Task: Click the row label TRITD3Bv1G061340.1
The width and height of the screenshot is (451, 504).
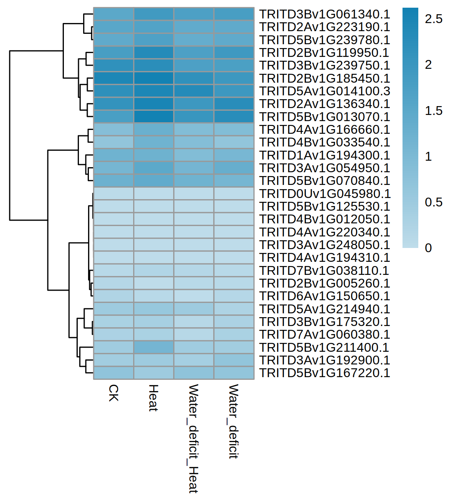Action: click(324, 14)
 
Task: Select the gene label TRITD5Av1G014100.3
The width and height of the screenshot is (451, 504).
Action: click(324, 91)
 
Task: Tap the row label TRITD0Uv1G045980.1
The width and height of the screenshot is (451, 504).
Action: click(324, 194)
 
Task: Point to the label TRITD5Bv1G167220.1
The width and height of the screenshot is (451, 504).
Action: click(324, 373)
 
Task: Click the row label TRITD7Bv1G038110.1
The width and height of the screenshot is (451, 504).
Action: click(324, 271)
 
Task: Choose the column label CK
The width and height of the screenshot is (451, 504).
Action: click(114, 393)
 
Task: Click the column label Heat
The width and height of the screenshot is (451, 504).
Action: click(154, 398)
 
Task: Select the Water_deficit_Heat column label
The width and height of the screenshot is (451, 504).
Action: click(193, 438)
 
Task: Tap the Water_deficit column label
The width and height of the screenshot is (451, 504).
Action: click(234, 421)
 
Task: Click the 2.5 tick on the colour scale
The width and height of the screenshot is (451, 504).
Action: click(433, 19)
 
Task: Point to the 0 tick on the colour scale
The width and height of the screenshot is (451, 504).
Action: click(428, 248)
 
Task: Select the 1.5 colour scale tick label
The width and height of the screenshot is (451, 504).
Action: click(433, 111)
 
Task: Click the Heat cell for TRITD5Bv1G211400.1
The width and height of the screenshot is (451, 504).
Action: click(154, 348)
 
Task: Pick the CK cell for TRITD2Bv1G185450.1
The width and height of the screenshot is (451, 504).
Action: click(114, 78)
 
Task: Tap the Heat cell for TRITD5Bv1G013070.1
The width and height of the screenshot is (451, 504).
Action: click(154, 117)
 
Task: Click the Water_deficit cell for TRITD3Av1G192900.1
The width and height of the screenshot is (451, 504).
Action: click(234, 360)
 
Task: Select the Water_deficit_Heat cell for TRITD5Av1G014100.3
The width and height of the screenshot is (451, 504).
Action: click(194, 91)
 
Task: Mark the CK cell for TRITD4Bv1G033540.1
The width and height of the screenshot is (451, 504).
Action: click(114, 142)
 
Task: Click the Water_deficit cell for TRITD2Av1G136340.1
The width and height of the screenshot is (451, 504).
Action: click(234, 104)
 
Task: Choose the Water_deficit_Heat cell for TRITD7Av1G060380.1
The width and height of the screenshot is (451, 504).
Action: click(194, 334)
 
